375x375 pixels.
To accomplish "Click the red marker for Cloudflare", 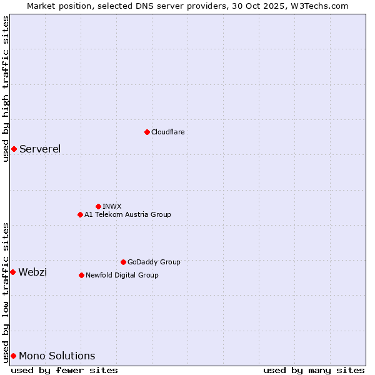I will click(x=147, y=132).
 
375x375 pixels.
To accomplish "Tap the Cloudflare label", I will click(x=167, y=132).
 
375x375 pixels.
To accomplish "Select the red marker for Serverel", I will click(x=14, y=149).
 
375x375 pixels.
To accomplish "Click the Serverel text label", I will click(x=40, y=149).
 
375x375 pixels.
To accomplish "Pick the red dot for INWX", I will click(x=98, y=206).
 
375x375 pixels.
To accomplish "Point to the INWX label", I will click(x=112, y=206).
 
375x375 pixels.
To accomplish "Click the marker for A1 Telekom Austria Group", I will click(x=80, y=214).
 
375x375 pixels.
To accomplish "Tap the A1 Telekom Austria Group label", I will click(x=127, y=214).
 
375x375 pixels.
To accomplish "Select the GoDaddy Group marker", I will click(x=123, y=262).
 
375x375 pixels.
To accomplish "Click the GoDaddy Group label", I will click(x=154, y=262).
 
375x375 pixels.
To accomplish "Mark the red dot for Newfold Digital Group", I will click(x=81, y=275).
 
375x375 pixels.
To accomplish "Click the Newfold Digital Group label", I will click(x=122, y=275).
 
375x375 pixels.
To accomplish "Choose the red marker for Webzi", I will click(x=12, y=272).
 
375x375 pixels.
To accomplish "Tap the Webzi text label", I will click(x=32, y=272).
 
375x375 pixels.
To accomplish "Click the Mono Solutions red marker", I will click(x=13, y=356).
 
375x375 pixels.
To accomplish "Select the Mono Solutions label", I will click(x=57, y=356).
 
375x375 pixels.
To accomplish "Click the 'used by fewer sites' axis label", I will click(x=64, y=370).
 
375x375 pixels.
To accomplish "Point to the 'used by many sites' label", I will click(x=314, y=370).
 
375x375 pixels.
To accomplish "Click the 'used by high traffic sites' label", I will click(x=6, y=89).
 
